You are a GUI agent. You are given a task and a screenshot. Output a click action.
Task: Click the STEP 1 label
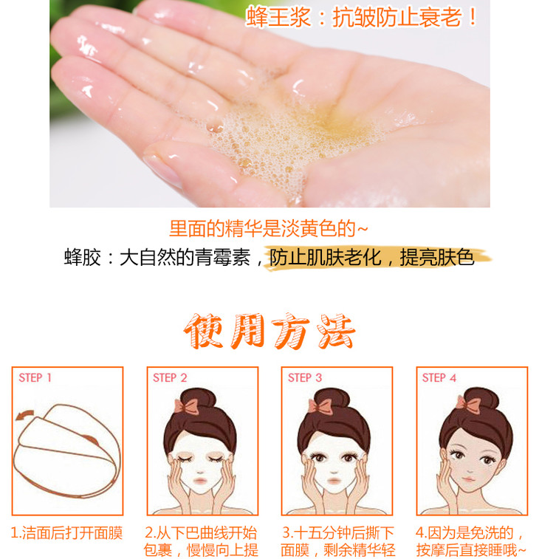pos(35,378)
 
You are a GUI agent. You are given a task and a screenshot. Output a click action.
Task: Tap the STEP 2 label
pos(170,378)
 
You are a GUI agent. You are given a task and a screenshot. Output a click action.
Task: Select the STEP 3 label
pos(305,378)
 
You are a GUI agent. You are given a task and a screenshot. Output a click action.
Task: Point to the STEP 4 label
pos(439,378)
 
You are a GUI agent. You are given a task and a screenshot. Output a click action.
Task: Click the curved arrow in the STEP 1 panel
pos(25,414)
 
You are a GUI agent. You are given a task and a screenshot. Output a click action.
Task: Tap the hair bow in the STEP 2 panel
pos(186,406)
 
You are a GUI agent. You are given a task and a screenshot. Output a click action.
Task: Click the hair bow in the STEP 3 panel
pos(320,406)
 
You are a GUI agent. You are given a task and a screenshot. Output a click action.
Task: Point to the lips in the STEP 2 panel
pos(199,481)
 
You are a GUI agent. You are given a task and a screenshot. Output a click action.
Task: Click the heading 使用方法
pos(269,332)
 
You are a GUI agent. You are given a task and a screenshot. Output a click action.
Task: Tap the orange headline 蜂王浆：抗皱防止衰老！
pos(362,17)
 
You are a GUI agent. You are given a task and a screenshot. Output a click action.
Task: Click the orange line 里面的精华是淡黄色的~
pos(268,228)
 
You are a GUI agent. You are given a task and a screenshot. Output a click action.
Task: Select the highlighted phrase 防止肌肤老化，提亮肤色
pos(372,258)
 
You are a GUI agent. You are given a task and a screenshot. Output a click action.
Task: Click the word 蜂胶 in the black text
pos(83,258)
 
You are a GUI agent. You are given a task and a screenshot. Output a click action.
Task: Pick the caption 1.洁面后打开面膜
pos(66,533)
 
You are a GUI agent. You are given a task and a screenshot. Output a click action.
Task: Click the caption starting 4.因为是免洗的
pos(470,541)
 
